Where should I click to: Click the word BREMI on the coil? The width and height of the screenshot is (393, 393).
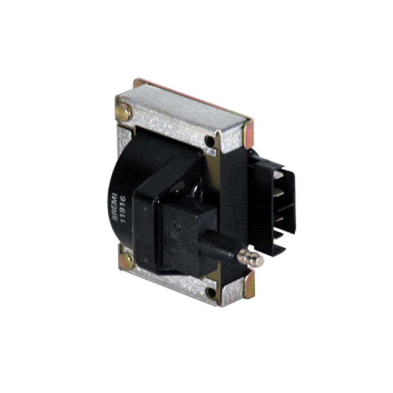pos(115,207)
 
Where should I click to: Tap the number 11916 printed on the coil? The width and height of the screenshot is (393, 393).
pos(122,209)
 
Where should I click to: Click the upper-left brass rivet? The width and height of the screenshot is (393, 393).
pos(124,112)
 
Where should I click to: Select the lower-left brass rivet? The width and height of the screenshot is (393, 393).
pos(127,261)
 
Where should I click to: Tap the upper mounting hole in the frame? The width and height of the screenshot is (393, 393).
pos(210,141)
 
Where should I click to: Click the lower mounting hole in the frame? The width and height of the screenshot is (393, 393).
pos(211,292)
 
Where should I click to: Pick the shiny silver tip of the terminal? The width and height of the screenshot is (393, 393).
pos(250,257)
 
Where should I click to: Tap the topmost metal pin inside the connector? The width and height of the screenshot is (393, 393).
pos(279,175)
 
